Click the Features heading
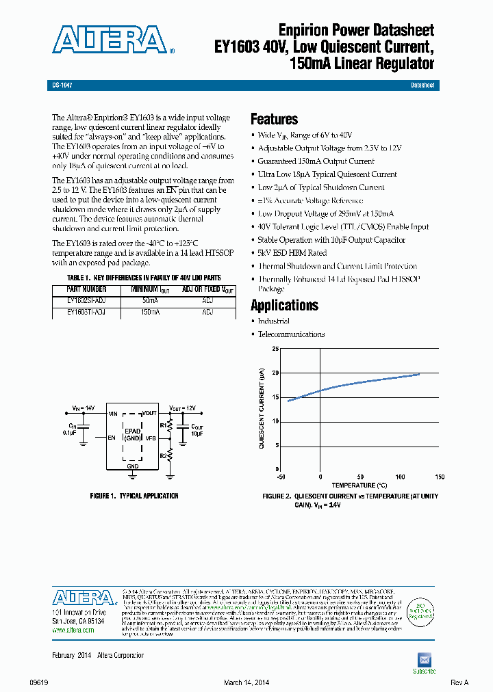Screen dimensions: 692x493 (274, 119)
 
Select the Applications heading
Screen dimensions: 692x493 (284, 305)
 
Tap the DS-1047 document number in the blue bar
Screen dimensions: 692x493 (62, 85)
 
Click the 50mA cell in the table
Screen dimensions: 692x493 (150, 300)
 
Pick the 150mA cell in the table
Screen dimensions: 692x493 (150, 311)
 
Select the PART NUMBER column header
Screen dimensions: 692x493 (86, 289)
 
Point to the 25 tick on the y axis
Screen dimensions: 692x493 (275, 349)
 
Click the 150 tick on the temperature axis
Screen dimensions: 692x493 (440, 477)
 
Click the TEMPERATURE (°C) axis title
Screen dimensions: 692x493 (359, 485)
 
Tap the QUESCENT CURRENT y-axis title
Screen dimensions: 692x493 (262, 408)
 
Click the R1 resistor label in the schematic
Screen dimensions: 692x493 (163, 425)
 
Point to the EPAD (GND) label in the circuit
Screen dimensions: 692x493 (132, 434)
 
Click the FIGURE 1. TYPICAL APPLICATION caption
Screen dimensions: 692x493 (134, 496)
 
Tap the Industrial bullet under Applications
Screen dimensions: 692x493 (273, 321)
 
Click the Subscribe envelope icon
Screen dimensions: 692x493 (424, 659)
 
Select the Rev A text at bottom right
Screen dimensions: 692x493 (459, 682)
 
